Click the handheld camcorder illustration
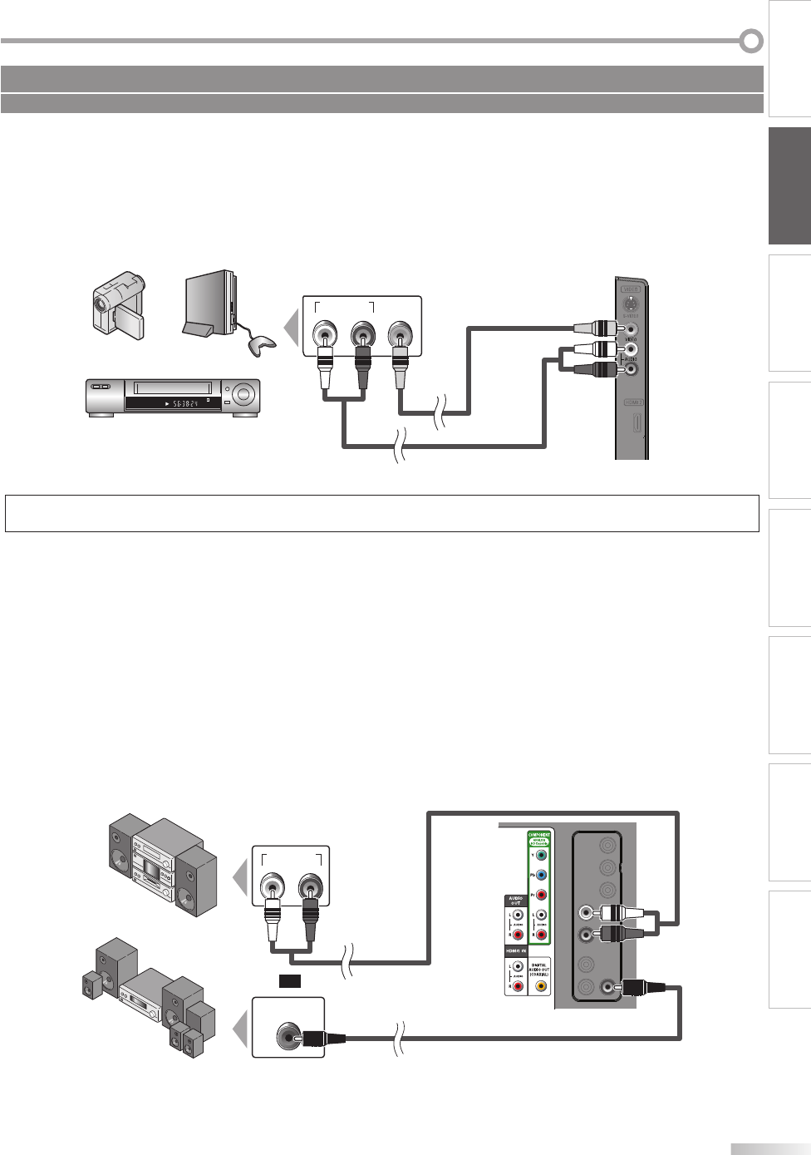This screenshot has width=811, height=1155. tap(119, 306)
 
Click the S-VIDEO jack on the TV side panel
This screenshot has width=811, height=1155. tap(632, 305)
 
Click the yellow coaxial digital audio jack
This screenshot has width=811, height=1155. tap(541, 987)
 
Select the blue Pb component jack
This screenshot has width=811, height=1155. tap(541, 875)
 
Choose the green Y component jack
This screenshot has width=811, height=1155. tap(541, 854)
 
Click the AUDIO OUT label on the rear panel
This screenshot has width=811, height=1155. tap(515, 901)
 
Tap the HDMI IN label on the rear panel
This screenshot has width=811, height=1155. tap(517, 950)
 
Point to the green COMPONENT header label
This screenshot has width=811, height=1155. tap(539, 835)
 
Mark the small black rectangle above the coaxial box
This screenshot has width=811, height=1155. tap(289, 981)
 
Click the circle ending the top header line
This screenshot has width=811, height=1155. tap(751, 41)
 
